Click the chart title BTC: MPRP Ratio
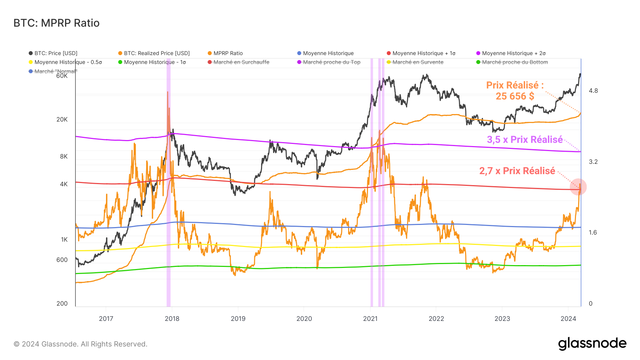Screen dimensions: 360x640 [x=56, y=23]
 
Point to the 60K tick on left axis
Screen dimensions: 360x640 [x=62, y=76]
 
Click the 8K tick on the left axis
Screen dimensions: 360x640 [x=64, y=156]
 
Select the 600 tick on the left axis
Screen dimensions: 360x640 [x=62, y=260]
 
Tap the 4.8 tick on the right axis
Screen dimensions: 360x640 [x=593, y=91]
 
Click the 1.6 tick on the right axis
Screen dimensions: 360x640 [x=593, y=232]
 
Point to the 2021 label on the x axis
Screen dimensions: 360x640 [x=370, y=318]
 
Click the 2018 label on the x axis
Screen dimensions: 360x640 [x=172, y=318]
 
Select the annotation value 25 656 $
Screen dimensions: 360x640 [x=515, y=96]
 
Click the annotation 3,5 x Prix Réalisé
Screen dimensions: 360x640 [x=525, y=140]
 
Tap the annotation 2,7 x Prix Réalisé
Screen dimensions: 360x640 [x=517, y=171]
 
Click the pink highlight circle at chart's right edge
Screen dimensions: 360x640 [x=578, y=187]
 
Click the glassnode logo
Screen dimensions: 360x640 [x=592, y=344]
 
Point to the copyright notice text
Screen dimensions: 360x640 [x=80, y=344]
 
